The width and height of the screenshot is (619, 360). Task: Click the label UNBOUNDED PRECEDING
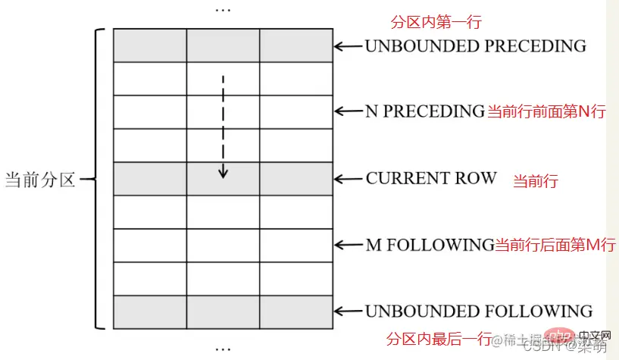(x=475, y=46)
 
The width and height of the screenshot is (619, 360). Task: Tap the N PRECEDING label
(x=424, y=111)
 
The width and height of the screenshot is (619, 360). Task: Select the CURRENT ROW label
(x=431, y=179)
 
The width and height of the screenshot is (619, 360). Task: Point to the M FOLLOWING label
(x=430, y=245)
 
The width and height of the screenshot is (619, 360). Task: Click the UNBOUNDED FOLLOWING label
(x=478, y=311)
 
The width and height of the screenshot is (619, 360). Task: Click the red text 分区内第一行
(x=424, y=22)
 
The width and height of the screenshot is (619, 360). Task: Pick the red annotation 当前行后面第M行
(x=555, y=245)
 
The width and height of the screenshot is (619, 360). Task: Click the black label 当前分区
(x=40, y=180)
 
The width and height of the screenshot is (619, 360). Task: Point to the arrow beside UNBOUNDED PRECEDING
(x=349, y=47)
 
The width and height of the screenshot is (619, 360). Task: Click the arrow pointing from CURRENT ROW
(x=349, y=180)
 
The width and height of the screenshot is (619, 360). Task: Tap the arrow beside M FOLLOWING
(x=349, y=246)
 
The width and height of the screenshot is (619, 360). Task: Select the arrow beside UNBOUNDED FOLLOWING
(x=349, y=311)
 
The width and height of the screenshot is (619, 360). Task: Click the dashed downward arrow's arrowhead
(x=223, y=173)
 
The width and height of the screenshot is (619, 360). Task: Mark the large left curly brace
(x=97, y=180)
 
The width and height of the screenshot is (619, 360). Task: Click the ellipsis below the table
(x=224, y=349)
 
